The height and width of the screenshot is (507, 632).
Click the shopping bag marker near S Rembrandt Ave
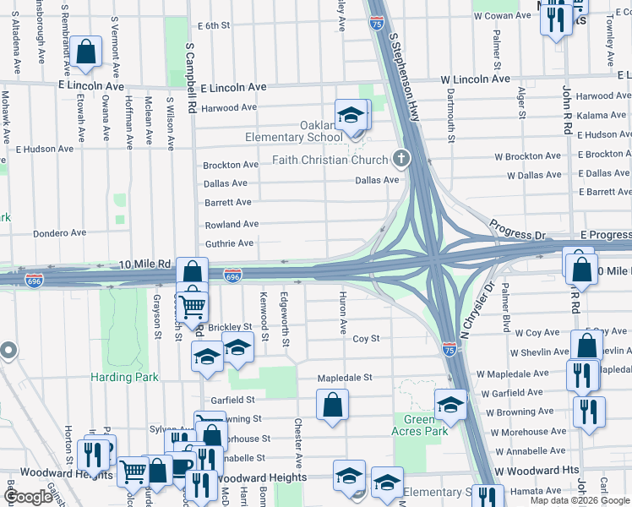(86, 52)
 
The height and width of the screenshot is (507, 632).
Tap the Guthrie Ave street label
(229, 243)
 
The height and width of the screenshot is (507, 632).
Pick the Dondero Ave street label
(59, 233)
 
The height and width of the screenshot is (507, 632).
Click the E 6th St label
(213, 26)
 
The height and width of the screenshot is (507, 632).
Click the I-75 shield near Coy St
(450, 346)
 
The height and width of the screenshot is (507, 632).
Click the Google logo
(29, 497)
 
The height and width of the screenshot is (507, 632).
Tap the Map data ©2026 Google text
(579, 500)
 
